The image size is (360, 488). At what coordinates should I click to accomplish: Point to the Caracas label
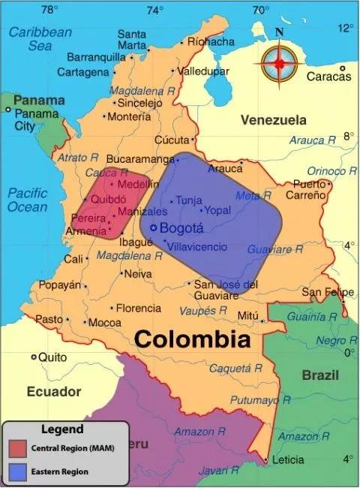(x=328, y=77)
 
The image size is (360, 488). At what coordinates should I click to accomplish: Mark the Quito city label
(x=52, y=357)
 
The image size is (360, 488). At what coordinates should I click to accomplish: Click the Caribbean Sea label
(x=40, y=39)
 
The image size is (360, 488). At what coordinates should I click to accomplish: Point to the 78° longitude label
(x=49, y=10)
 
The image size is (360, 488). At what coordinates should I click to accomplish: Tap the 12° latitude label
(x=346, y=28)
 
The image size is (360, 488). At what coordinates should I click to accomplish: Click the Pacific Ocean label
(x=27, y=200)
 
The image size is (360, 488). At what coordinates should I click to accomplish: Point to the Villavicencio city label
(x=197, y=246)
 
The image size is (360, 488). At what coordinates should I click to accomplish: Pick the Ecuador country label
(x=53, y=391)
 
